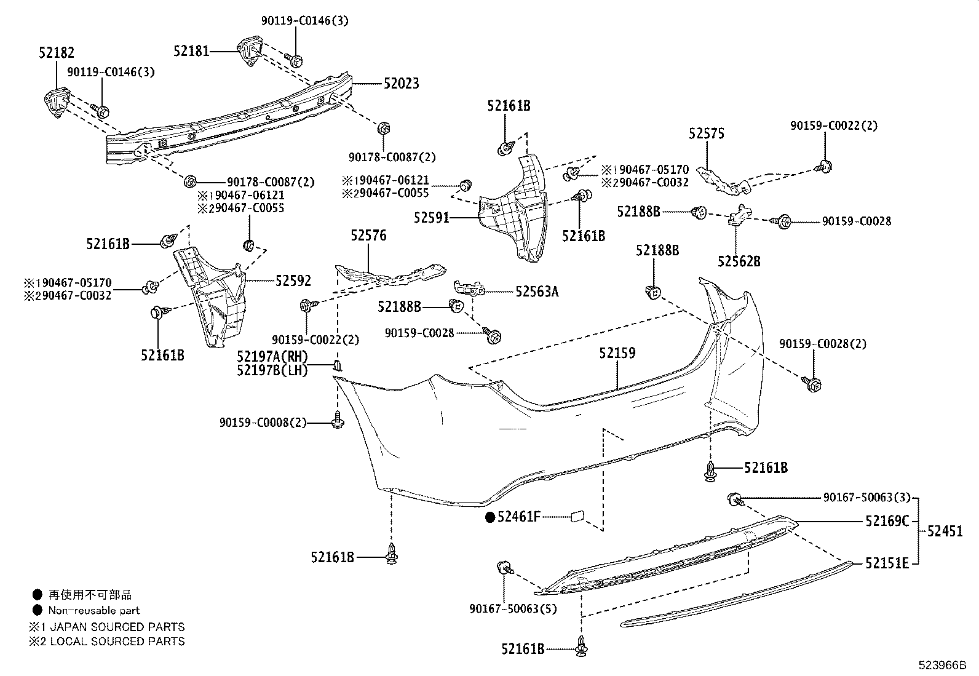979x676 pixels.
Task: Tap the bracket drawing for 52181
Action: pos(250,52)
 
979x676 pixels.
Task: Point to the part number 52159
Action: pos(617,354)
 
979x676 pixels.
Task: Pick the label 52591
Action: pos(432,218)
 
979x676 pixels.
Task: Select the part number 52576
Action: pos(368,236)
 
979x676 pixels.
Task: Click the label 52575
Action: pos(707,133)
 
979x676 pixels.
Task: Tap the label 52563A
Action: pos(537,292)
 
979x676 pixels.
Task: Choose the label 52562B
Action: pos(739,261)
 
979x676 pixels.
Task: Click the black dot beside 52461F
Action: pos(490,517)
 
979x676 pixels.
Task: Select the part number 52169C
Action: pos(887,521)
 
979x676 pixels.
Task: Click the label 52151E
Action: pos(887,563)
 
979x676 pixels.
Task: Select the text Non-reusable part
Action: pos(94,611)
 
